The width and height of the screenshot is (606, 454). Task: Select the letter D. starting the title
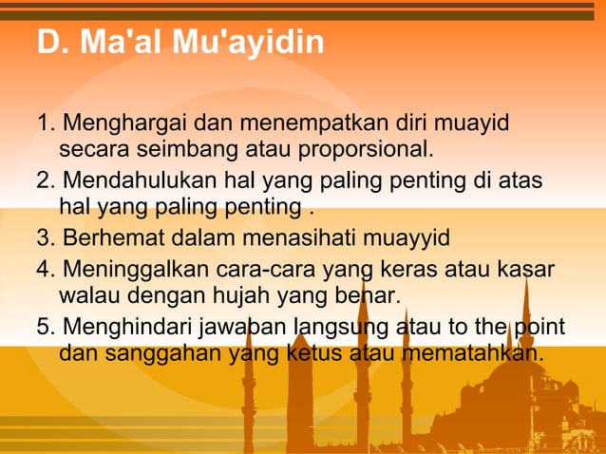point(48,43)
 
